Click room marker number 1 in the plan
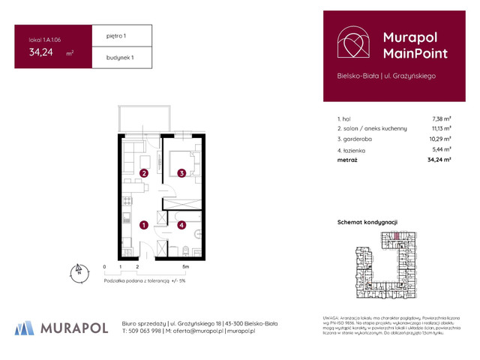tap(143, 223)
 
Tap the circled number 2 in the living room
tap(143, 174)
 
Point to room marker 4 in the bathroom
tap(181, 223)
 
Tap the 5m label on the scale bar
tap(185, 266)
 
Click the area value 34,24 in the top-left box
tap(42, 52)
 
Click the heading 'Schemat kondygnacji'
tap(367, 223)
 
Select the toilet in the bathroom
tap(184, 250)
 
